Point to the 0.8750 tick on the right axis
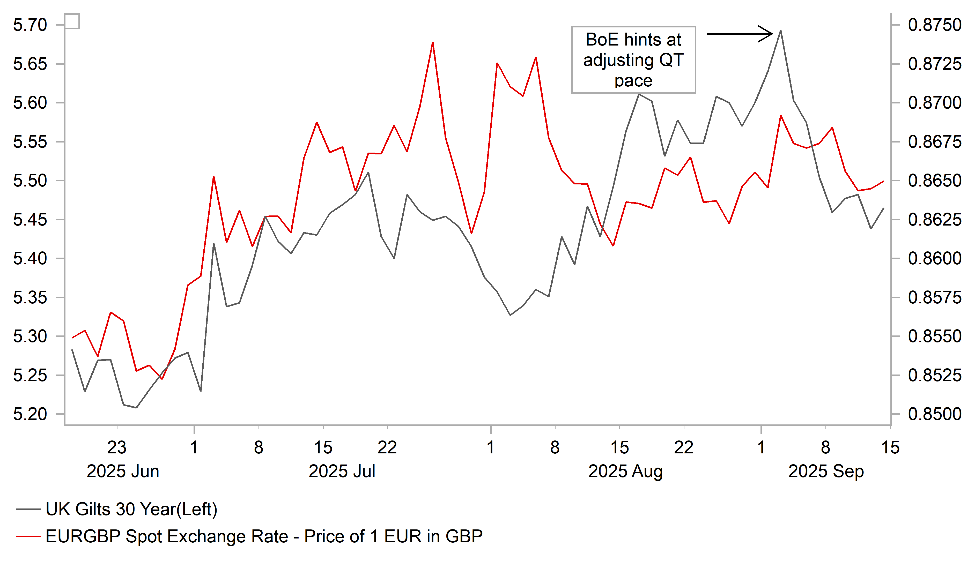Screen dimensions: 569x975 coord(934,25)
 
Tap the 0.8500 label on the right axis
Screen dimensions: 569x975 coord(934,414)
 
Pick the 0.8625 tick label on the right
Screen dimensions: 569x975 coord(934,220)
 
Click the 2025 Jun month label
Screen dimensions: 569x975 coord(123,471)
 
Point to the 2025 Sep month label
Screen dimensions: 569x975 coord(826,471)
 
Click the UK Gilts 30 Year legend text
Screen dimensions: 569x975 coord(131,510)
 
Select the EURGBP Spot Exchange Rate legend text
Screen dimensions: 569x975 coord(264,536)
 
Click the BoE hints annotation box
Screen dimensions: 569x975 coord(633,60)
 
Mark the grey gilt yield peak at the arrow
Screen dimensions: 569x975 coord(780,31)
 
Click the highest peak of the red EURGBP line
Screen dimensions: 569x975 coord(433,43)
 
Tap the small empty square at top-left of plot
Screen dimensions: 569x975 coord(72,21)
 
